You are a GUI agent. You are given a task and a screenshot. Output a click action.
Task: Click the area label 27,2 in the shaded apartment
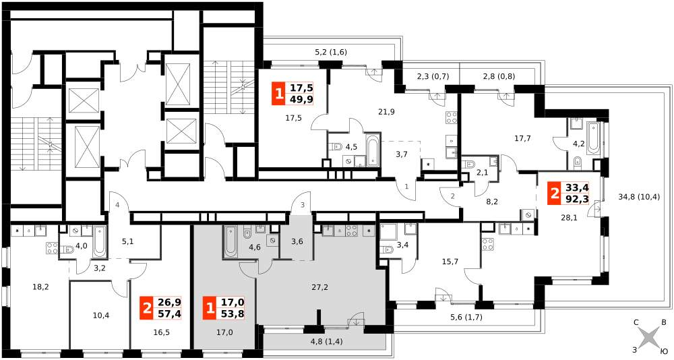(x=319, y=287)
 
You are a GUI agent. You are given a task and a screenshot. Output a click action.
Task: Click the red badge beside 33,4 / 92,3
(x=555, y=193)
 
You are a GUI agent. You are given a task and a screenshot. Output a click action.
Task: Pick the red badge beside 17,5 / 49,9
(x=279, y=94)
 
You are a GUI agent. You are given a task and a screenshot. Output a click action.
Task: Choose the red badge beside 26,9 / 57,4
(x=147, y=308)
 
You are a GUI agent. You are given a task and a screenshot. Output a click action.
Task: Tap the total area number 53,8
(x=233, y=313)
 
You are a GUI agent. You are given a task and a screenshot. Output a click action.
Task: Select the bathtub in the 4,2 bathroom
(x=592, y=137)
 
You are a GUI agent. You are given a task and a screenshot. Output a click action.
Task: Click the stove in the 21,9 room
(x=451, y=117)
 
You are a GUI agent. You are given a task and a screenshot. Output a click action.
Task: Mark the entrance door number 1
(x=406, y=187)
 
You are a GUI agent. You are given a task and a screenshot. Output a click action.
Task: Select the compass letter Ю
(x=663, y=352)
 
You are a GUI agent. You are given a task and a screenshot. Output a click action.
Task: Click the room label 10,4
(x=101, y=316)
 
